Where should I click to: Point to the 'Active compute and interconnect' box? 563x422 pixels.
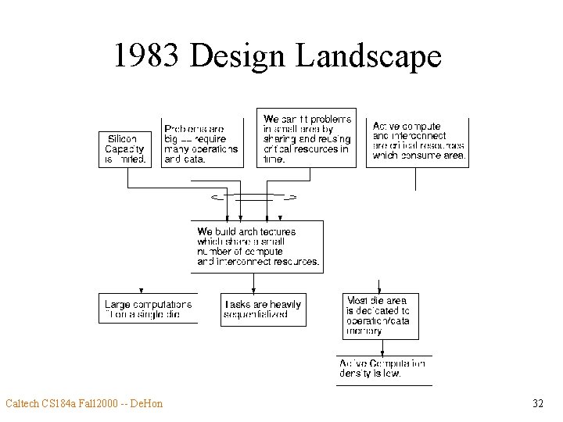418,141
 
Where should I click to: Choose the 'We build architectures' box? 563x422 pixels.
257,246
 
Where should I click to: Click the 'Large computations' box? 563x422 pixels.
148,308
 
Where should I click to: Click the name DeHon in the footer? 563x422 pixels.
147,403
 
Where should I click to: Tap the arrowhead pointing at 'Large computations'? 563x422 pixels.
141,290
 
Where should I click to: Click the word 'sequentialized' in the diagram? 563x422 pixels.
256,314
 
